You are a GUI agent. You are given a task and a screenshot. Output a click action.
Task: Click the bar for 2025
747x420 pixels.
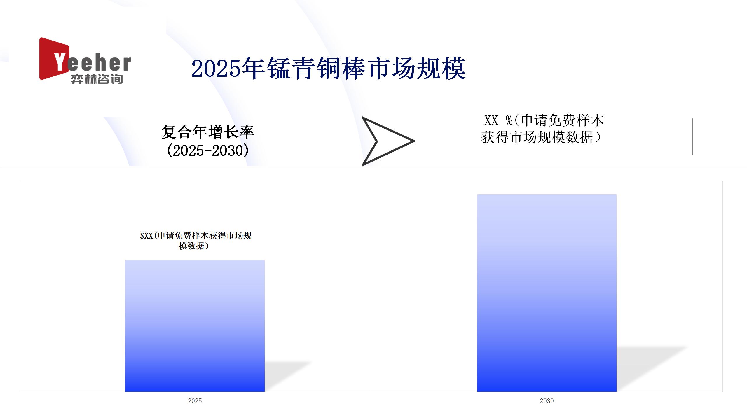pyautogui.click(x=195, y=326)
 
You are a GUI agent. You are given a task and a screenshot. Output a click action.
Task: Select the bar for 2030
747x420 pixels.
pyautogui.click(x=547, y=293)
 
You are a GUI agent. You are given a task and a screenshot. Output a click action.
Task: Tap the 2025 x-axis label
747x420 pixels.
pyautogui.click(x=195, y=401)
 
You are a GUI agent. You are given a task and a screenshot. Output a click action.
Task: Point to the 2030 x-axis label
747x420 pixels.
pyautogui.click(x=547, y=401)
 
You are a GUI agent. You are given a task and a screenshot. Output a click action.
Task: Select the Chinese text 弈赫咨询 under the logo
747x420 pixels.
pyautogui.click(x=97, y=79)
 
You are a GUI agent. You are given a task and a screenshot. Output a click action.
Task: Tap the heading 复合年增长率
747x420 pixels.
pyautogui.click(x=208, y=132)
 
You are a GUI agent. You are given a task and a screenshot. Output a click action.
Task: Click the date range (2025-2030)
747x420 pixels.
pyautogui.click(x=208, y=150)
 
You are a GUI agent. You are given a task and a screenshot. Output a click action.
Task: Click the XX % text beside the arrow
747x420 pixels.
pyautogui.click(x=498, y=120)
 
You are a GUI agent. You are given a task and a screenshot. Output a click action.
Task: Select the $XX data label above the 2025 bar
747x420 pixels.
pyautogui.click(x=196, y=241)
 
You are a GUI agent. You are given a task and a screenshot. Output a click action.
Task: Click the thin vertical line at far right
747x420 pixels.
pyautogui.click(x=693, y=136)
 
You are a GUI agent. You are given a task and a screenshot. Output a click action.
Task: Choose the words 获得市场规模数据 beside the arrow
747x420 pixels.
pyautogui.click(x=537, y=137)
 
